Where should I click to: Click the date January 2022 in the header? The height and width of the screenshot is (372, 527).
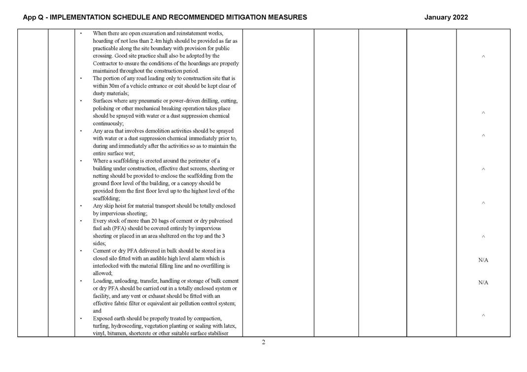[446, 17]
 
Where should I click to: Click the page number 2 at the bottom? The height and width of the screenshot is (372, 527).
[264, 342]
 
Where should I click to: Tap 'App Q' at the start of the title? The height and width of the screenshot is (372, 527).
[33, 17]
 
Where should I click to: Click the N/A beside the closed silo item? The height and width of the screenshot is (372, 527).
[483, 260]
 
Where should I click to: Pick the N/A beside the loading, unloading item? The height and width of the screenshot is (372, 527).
[483, 282]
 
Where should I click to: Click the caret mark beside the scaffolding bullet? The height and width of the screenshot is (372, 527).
[483, 169]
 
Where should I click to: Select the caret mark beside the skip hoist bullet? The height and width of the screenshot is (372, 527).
[483, 203]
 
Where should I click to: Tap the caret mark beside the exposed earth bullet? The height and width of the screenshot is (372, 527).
[483, 315]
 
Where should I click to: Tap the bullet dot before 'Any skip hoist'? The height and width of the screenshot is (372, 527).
[81, 206]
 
